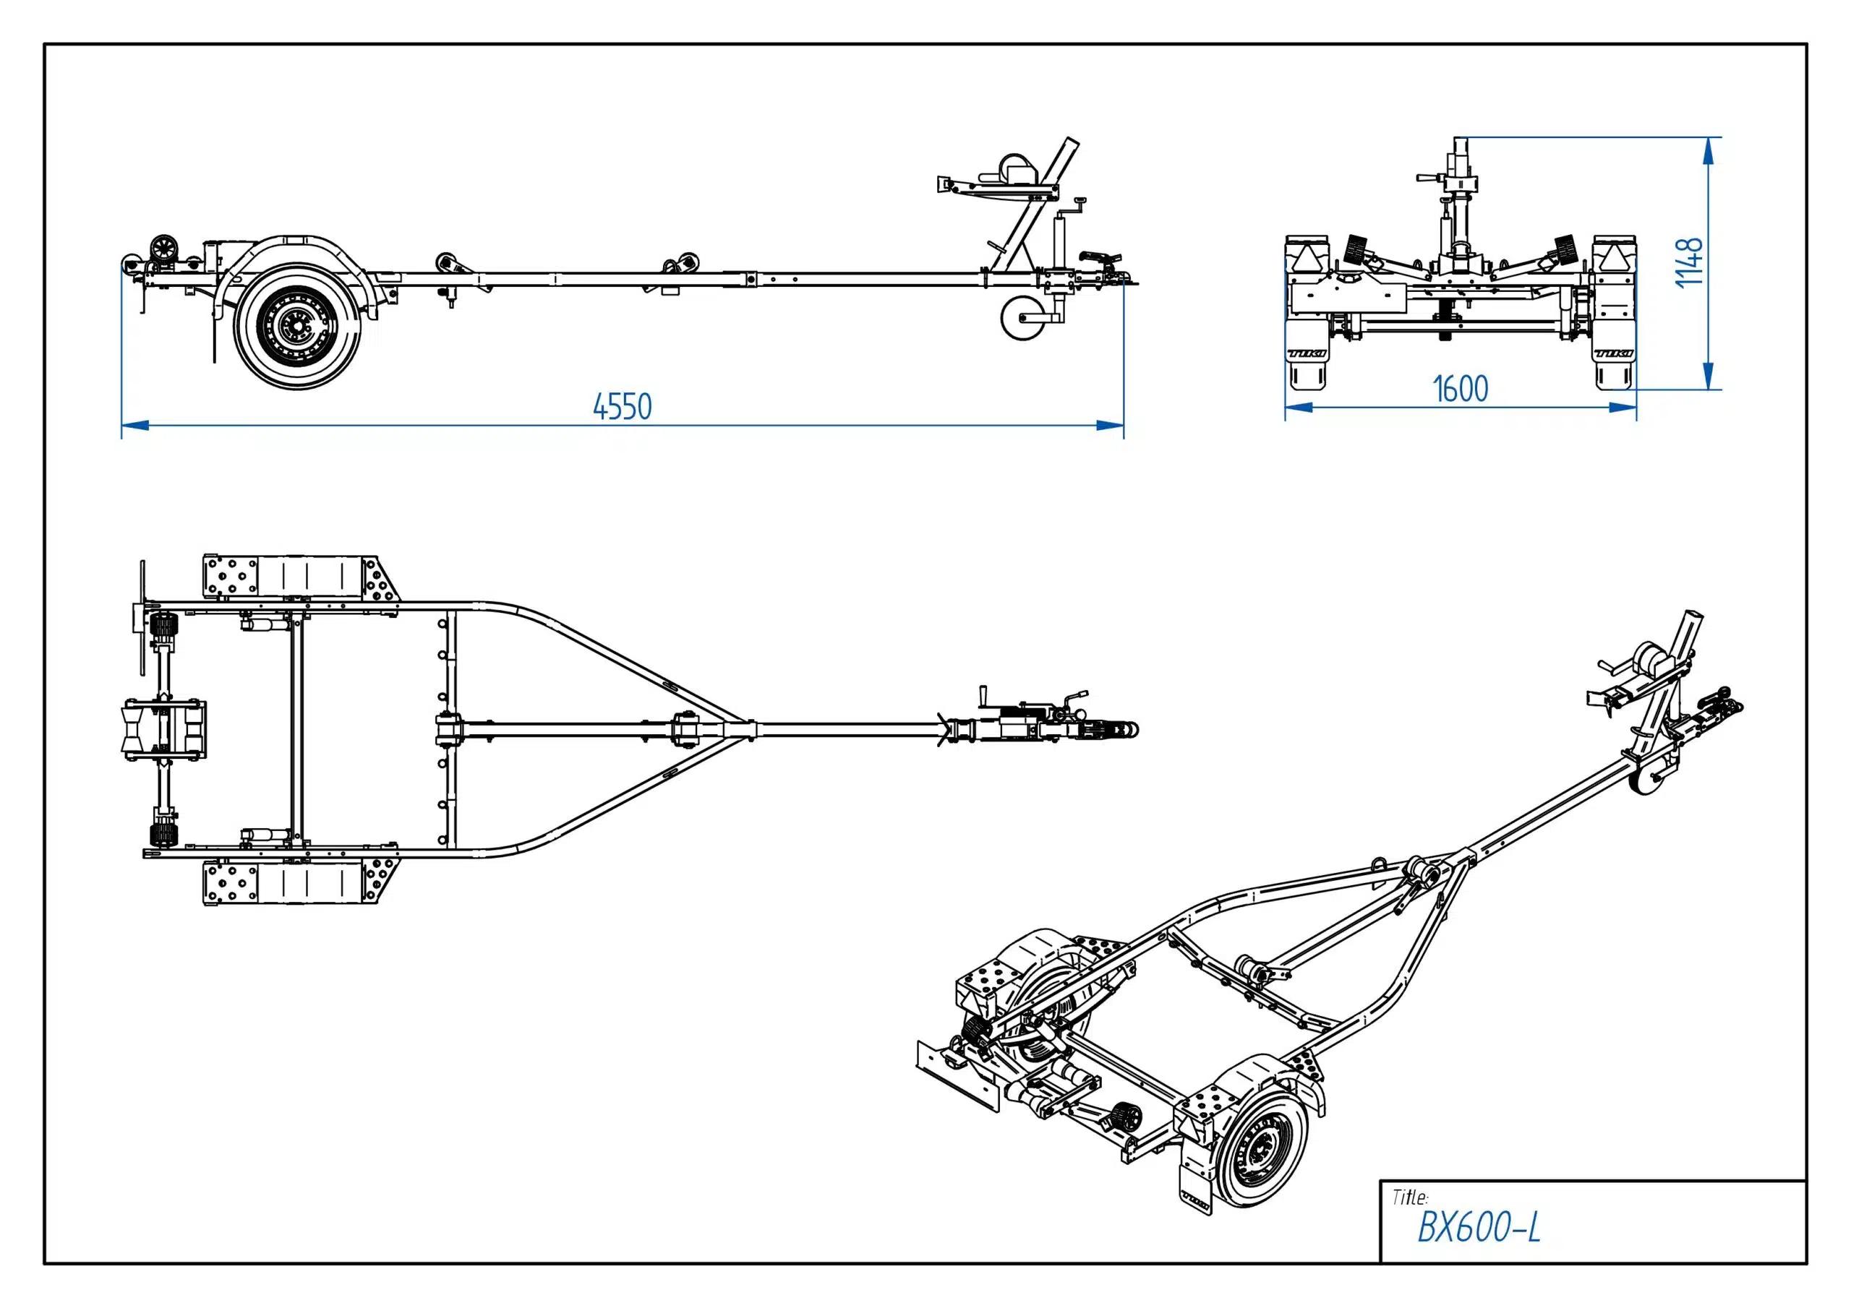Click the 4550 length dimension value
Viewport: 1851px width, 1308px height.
click(623, 407)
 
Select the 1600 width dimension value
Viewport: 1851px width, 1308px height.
click(1461, 390)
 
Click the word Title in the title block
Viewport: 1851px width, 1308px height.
click(1410, 1197)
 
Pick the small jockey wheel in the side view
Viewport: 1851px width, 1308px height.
click(1022, 320)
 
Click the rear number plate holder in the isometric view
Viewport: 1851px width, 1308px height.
click(958, 1072)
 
